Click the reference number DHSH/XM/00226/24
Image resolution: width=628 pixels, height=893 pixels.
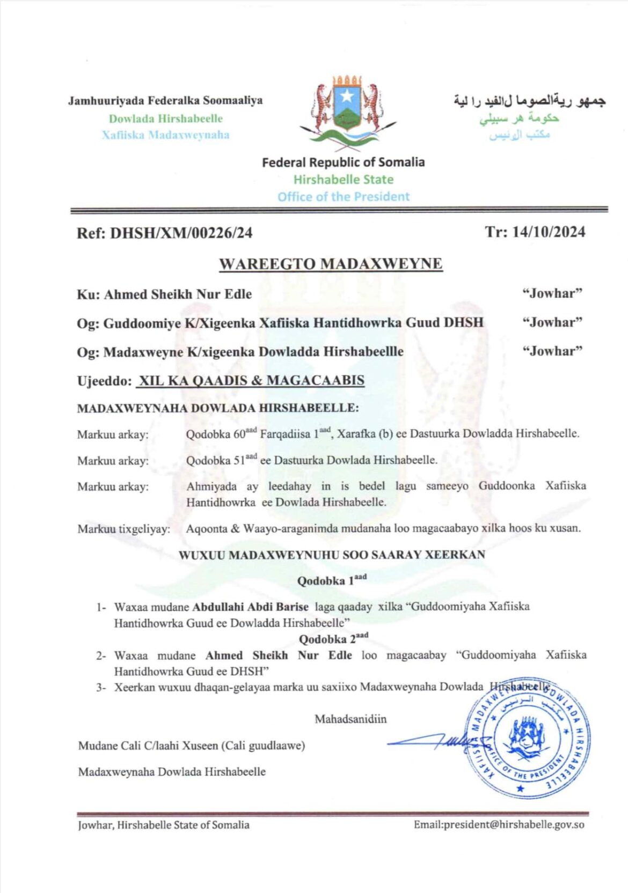tap(181, 233)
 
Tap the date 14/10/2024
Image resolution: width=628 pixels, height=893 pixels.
tap(548, 232)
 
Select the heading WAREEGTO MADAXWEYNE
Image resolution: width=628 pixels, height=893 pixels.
tap(331, 264)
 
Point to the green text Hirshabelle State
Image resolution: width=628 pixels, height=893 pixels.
tap(343, 179)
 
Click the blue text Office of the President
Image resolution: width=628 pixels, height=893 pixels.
tap(343, 196)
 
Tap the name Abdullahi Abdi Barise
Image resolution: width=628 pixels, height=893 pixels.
tap(250, 607)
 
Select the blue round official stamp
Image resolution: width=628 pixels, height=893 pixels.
tap(526, 737)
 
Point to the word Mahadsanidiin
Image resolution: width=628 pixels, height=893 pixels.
tap(350, 719)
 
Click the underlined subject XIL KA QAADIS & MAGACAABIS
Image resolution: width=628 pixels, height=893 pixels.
tap(250, 380)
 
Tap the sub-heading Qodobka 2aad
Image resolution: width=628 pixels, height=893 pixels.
tap(333, 638)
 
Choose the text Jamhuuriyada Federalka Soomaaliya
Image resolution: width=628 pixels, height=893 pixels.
tap(165, 100)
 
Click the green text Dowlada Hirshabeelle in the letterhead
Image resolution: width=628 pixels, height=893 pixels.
tap(165, 119)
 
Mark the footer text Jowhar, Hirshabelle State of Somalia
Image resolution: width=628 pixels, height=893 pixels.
tap(164, 825)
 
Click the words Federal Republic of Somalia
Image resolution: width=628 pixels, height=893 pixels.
tap(343, 162)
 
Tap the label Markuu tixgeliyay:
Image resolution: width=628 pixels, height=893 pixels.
tap(123, 529)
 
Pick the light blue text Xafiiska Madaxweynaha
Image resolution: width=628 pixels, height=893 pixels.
tap(165, 135)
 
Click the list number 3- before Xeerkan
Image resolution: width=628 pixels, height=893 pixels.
tap(101, 687)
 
